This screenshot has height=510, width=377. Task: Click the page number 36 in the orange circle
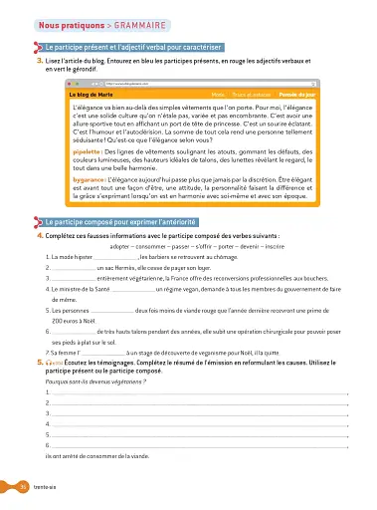click(x=23, y=487)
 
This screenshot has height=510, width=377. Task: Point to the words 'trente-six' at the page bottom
click(x=50, y=487)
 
